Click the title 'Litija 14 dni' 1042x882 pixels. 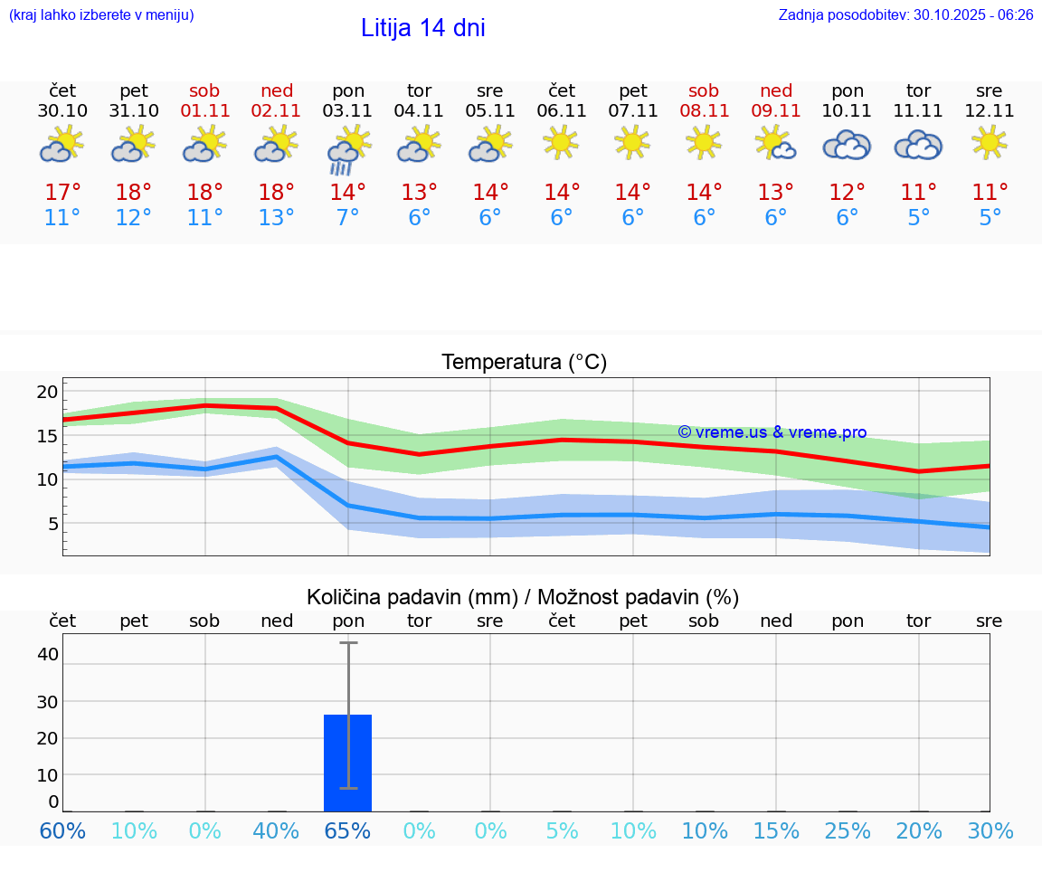coord(422,28)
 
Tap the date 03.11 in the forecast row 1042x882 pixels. coord(348,111)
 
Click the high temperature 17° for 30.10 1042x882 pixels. coord(62,193)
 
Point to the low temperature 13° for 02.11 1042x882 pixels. coord(276,218)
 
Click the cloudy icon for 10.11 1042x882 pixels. coord(847,145)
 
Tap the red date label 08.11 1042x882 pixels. coord(704,111)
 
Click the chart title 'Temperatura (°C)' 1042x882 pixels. coord(524,363)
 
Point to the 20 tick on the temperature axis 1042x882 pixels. coord(47,392)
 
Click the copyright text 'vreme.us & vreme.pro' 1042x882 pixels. coord(772,432)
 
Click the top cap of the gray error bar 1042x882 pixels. coord(348,642)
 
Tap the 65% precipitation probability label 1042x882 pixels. coord(348,831)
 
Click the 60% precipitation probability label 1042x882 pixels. coord(62,831)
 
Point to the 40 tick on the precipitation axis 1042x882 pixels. coord(48,654)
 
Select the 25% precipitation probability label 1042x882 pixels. coord(847,831)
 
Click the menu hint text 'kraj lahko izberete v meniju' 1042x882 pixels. coord(100,15)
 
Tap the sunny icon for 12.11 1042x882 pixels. coord(989,141)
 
